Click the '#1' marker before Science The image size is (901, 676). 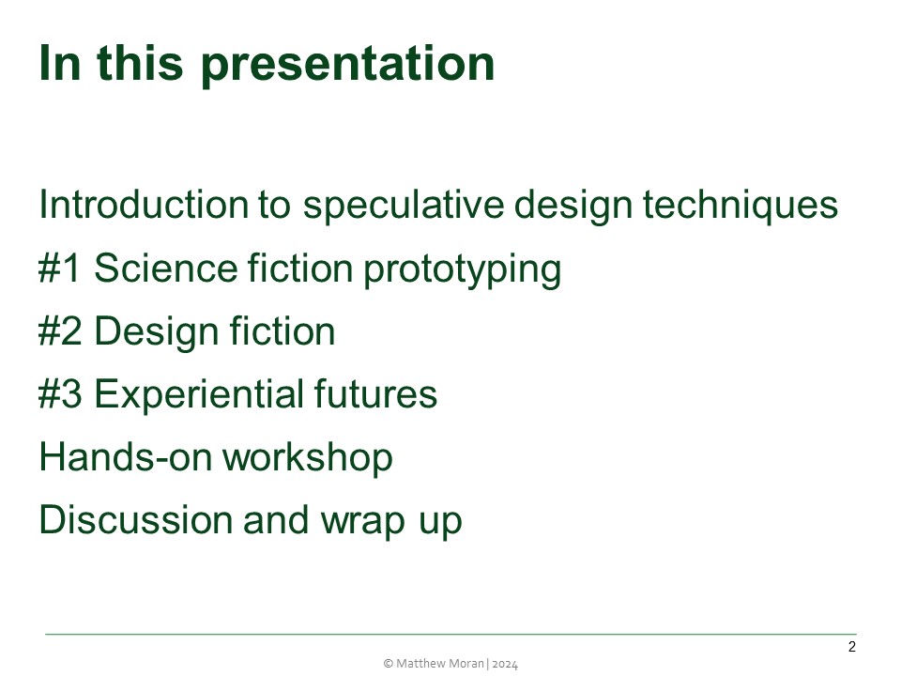(61, 269)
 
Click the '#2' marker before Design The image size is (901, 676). (61, 331)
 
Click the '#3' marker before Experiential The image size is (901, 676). (61, 394)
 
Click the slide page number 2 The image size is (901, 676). (851, 647)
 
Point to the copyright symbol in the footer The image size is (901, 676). (389, 663)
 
